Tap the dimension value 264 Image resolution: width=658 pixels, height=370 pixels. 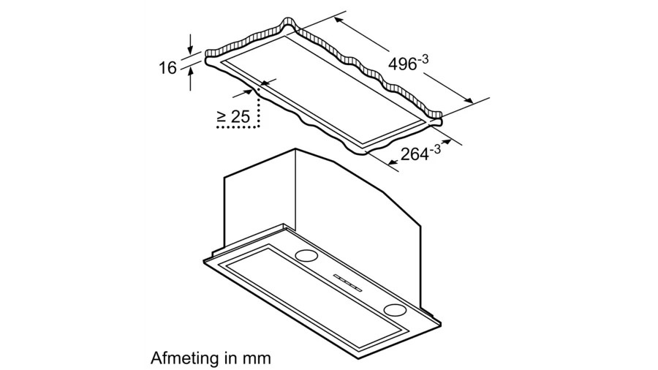click(413, 154)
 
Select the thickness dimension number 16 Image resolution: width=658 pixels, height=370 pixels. click(167, 68)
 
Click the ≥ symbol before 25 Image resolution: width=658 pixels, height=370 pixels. click(221, 116)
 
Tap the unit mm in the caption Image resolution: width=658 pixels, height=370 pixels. click(257, 358)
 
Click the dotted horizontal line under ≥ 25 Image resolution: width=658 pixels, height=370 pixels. click(238, 128)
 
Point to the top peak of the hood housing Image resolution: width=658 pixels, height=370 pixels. click(295, 150)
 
